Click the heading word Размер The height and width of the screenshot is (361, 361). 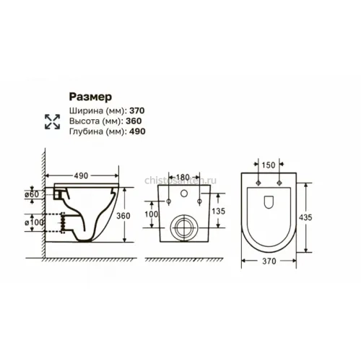pyautogui.click(x=90, y=97)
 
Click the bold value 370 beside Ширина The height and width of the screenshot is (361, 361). pyautogui.click(x=137, y=110)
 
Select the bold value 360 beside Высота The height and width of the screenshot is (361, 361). pyautogui.click(x=134, y=121)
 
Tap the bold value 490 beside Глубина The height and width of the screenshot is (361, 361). pyautogui.click(x=137, y=131)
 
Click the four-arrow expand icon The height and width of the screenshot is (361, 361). pyautogui.click(x=52, y=121)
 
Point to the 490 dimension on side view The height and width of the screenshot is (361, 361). pyautogui.click(x=81, y=176)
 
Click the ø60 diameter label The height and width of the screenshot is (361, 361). pyautogui.click(x=32, y=194)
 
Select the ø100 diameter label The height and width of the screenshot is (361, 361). pyautogui.click(x=34, y=222)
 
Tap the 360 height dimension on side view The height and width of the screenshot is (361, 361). pyautogui.click(x=123, y=216)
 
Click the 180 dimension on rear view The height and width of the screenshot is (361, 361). pyautogui.click(x=183, y=178)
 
